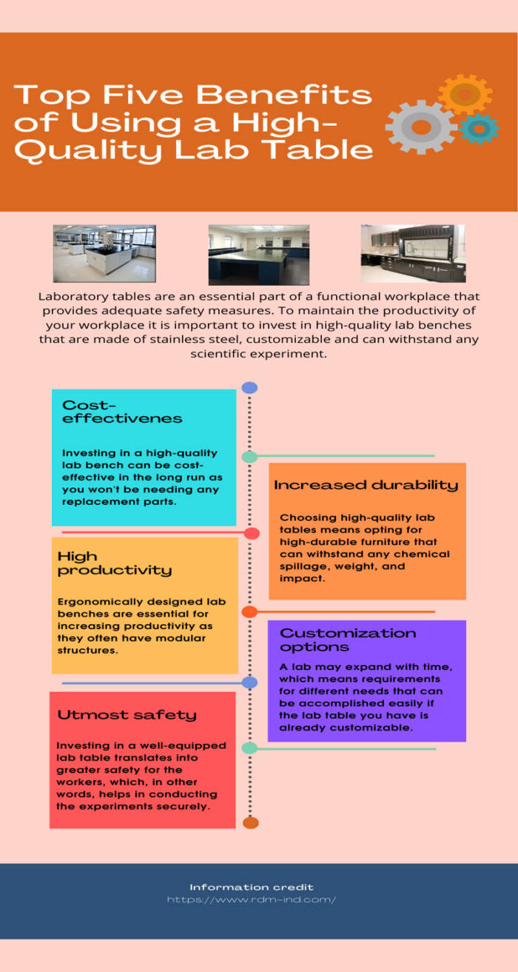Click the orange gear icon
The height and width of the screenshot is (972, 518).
tap(465, 95)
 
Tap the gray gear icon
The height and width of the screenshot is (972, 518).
tap(422, 127)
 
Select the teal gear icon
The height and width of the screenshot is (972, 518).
tap(478, 129)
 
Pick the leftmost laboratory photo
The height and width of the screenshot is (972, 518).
tap(104, 254)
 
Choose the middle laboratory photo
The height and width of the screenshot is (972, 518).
tap(258, 255)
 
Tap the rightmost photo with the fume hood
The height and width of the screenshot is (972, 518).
tap(413, 253)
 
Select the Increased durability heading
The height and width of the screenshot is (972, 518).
tap(366, 485)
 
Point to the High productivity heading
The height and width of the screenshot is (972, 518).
tap(114, 563)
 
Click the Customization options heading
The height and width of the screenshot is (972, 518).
tap(348, 640)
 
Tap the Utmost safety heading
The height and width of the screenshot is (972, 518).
tap(127, 714)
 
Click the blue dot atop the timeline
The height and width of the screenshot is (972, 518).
tap(250, 387)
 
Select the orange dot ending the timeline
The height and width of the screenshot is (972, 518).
tap(251, 822)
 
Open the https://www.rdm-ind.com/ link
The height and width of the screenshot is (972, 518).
tap(252, 899)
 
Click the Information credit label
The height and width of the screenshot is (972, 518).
tap(252, 887)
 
